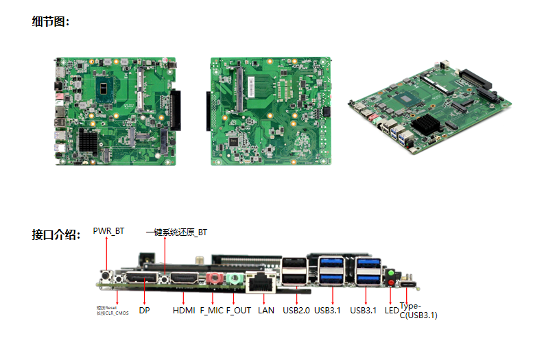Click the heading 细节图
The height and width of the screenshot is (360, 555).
[x=51, y=21]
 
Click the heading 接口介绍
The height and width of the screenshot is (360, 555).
[x=56, y=235]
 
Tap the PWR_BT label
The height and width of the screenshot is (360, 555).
[x=108, y=232]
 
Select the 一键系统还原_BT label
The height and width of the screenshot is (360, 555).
[x=176, y=232]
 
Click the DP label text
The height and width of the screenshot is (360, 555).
[x=144, y=311]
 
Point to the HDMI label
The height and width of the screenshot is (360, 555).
[x=184, y=311]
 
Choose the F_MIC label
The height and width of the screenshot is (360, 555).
[x=211, y=311]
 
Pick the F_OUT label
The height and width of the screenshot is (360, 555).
[x=239, y=311]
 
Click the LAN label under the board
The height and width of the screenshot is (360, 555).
[x=265, y=311]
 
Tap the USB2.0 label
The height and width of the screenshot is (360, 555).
[x=296, y=311]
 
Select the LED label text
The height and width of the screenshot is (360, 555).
[x=392, y=311]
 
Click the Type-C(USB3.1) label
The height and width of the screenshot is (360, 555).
[x=418, y=311]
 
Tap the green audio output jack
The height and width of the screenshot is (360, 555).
[x=233, y=279]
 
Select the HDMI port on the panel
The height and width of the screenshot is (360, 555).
[x=184, y=278]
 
